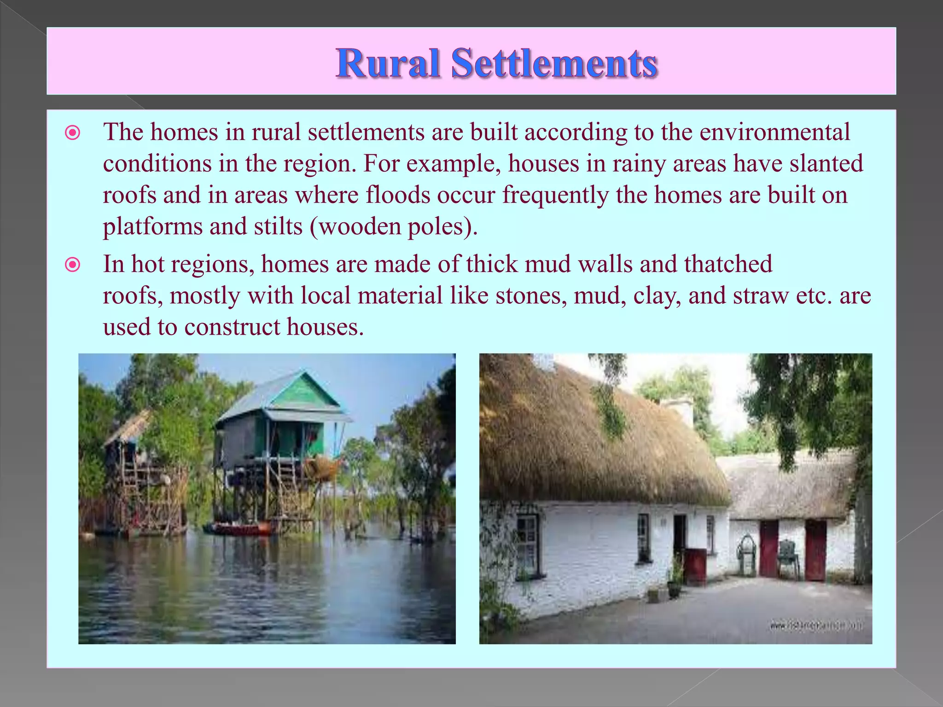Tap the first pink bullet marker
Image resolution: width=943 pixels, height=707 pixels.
(x=73, y=133)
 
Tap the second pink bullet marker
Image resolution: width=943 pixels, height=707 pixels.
(x=73, y=265)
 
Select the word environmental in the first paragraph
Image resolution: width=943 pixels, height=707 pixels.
(x=774, y=133)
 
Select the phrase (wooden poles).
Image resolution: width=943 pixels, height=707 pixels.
(x=394, y=226)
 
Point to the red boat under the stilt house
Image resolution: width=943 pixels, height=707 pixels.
(x=239, y=528)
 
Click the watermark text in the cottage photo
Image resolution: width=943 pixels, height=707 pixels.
(x=816, y=626)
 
